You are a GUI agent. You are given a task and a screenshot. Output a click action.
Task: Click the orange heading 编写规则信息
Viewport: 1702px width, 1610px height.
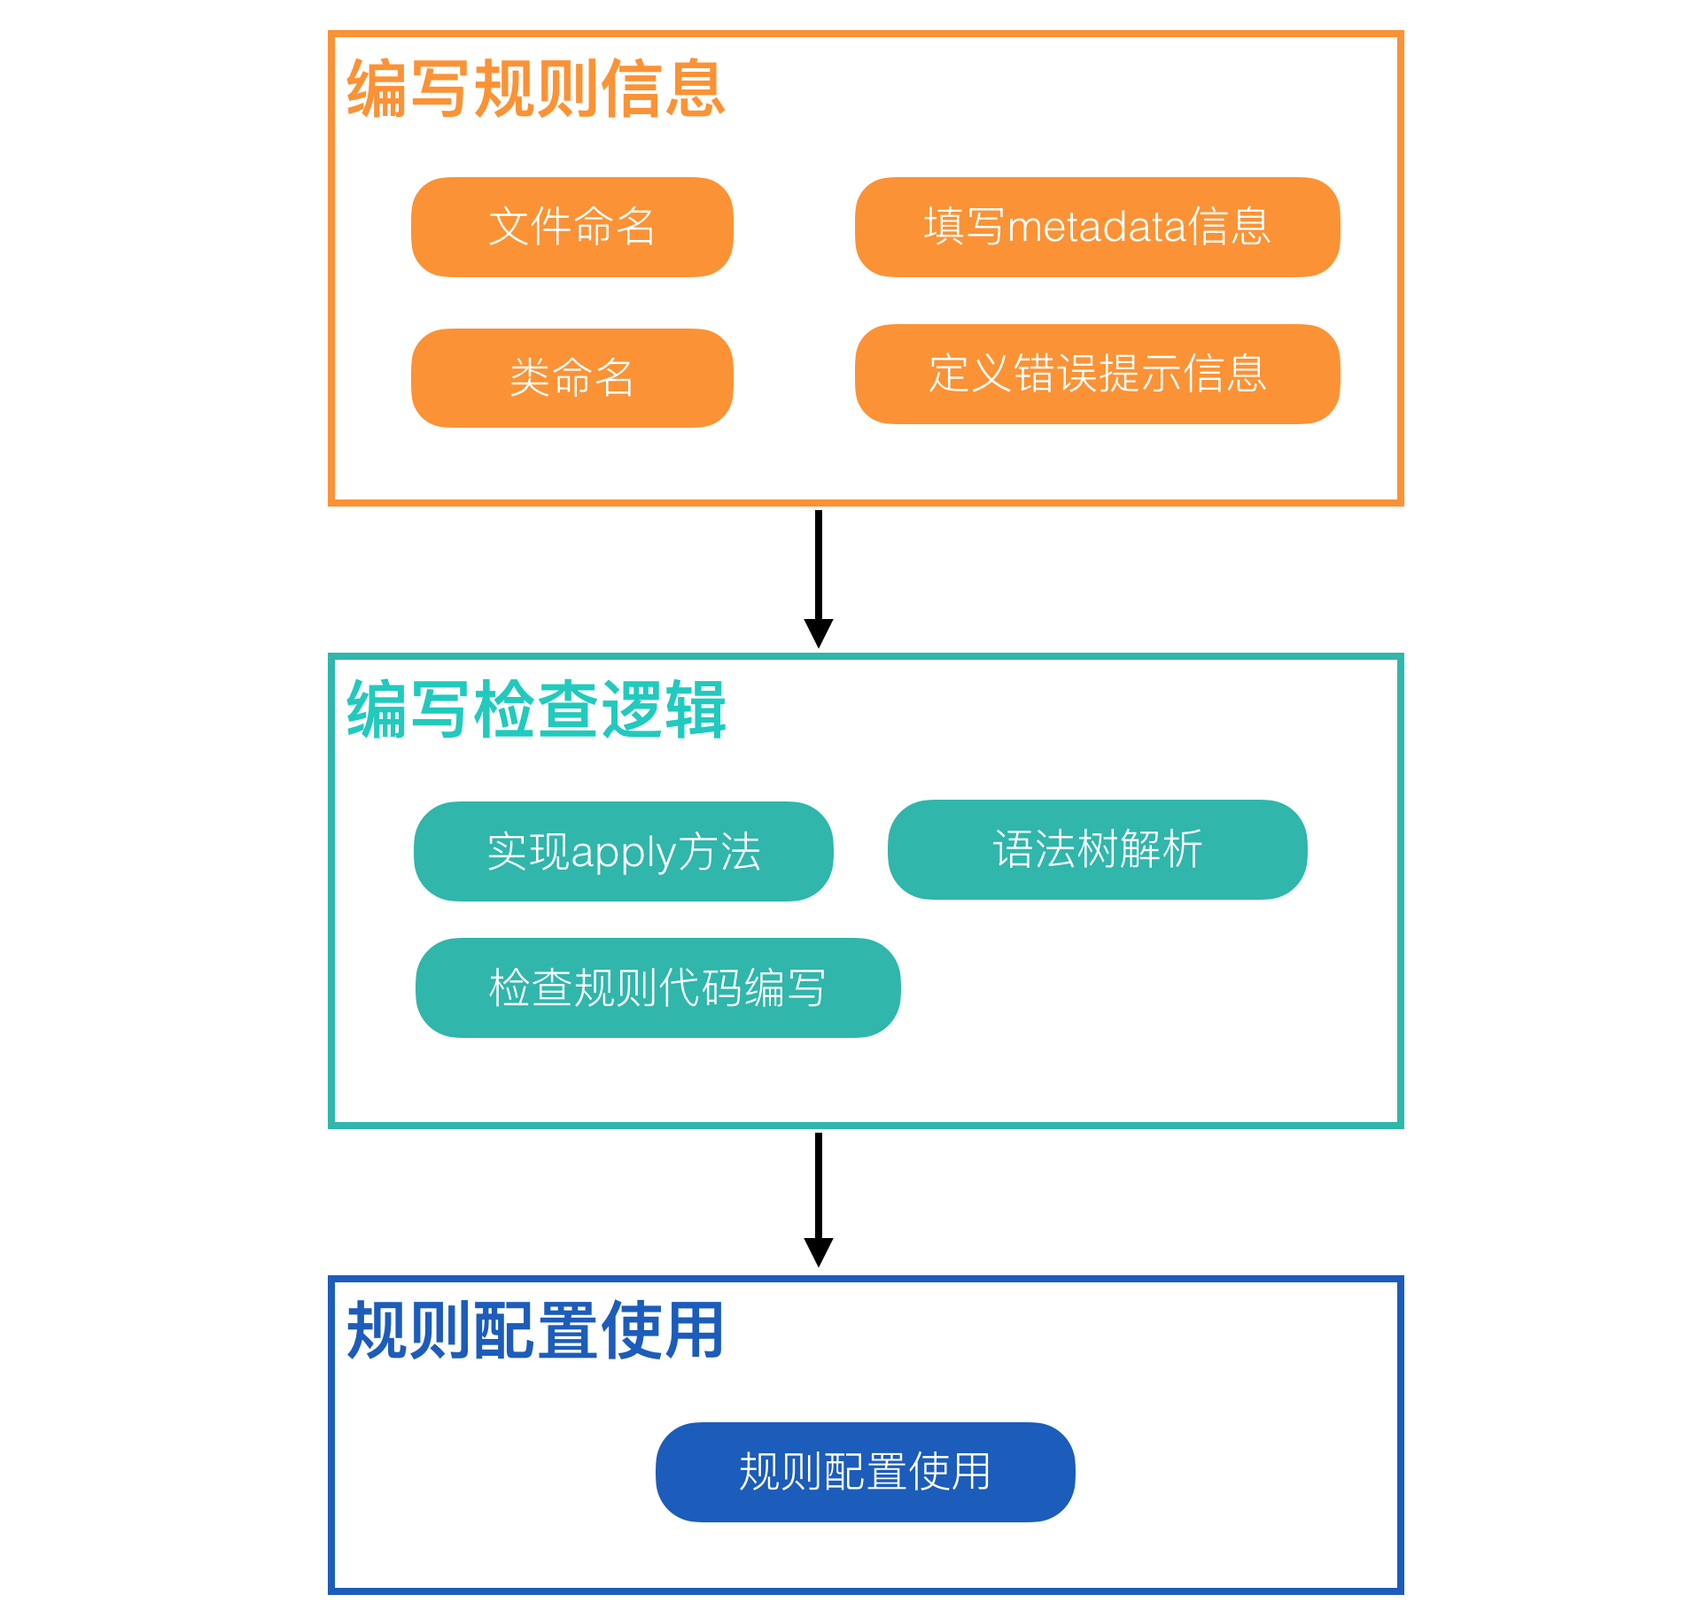coord(536,89)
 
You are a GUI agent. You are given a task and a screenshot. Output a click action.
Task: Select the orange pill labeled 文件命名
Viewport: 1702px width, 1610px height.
coord(571,227)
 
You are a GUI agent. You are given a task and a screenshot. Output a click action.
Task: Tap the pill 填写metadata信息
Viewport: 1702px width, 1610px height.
coord(1097,227)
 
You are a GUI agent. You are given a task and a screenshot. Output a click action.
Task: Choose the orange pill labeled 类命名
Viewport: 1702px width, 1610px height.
coord(571,378)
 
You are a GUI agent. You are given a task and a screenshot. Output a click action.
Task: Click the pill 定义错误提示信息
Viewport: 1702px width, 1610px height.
coord(1097,374)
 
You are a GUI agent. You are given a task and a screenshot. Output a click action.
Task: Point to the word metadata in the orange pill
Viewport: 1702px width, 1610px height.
coord(1097,227)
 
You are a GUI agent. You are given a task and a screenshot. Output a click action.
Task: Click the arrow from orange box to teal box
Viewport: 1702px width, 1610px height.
coord(818,567)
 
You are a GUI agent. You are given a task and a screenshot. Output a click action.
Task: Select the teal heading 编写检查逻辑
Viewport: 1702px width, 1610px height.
coord(536,709)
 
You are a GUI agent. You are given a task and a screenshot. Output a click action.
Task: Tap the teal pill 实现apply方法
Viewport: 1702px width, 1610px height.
coord(623,851)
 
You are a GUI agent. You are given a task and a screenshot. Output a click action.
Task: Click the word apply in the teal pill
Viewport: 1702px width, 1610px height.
coord(624,853)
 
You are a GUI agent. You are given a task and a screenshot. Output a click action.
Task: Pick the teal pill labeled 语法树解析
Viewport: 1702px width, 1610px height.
coord(1097,849)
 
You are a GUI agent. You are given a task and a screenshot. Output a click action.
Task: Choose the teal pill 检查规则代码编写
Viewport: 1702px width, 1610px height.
coord(657,987)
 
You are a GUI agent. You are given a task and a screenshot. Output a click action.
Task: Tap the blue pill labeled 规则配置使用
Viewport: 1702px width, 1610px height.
coord(865,1472)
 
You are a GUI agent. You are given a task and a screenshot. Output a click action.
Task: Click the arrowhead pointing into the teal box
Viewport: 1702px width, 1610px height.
coord(818,632)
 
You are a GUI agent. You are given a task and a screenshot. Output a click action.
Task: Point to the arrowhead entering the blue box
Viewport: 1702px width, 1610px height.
coord(818,1251)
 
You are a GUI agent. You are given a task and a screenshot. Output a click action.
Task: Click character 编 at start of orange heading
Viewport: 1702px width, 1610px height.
coord(377,89)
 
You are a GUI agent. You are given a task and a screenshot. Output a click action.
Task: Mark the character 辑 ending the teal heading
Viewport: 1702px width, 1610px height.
coord(696,709)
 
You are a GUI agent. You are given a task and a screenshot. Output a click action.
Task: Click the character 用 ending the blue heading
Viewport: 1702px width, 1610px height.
coord(696,1330)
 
